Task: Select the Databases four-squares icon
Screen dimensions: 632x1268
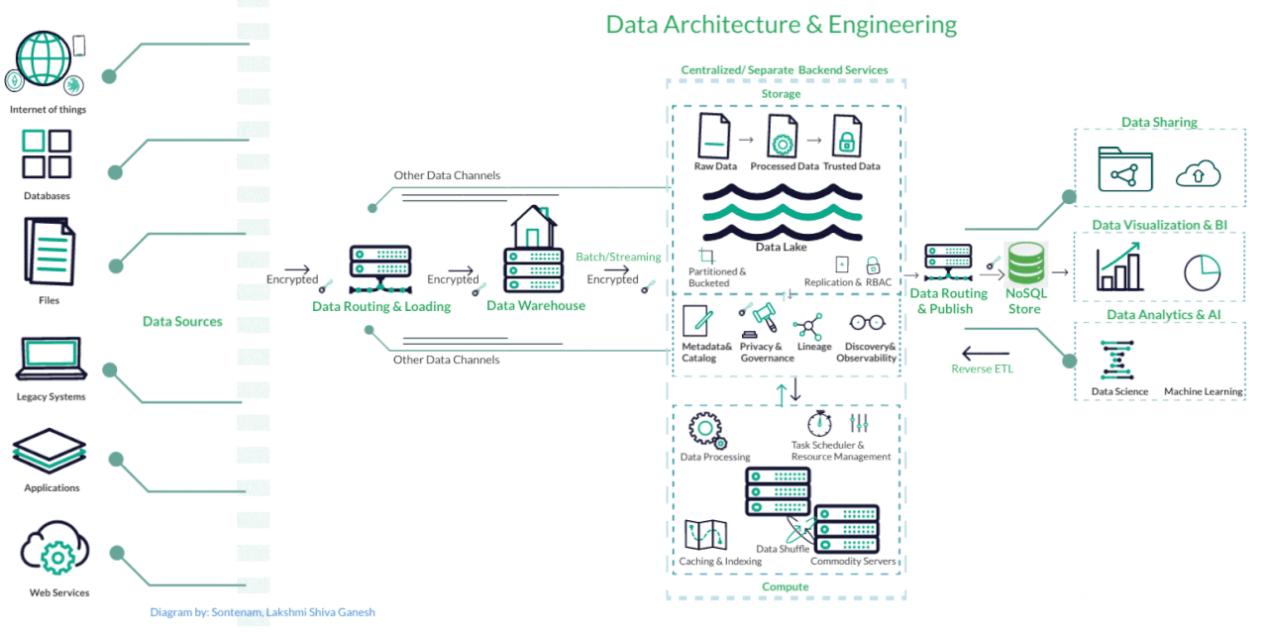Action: tap(47, 154)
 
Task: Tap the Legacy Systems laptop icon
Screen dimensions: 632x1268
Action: tap(51, 360)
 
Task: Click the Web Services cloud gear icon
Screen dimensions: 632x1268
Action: tap(55, 551)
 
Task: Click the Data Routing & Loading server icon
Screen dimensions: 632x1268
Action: tap(380, 269)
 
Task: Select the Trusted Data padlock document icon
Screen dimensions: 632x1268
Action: tap(847, 135)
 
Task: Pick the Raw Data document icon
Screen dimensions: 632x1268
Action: tap(713, 135)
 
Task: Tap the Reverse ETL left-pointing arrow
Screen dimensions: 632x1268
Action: tap(985, 353)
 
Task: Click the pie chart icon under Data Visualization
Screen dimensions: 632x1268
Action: tap(1202, 272)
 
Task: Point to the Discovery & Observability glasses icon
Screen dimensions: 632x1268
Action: tap(868, 322)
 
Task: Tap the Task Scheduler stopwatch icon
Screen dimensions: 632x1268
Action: tap(818, 423)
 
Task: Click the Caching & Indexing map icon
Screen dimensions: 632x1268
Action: tap(706, 535)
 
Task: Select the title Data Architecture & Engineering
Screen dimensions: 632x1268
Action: tap(782, 25)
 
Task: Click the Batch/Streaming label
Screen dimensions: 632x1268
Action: tap(618, 258)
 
